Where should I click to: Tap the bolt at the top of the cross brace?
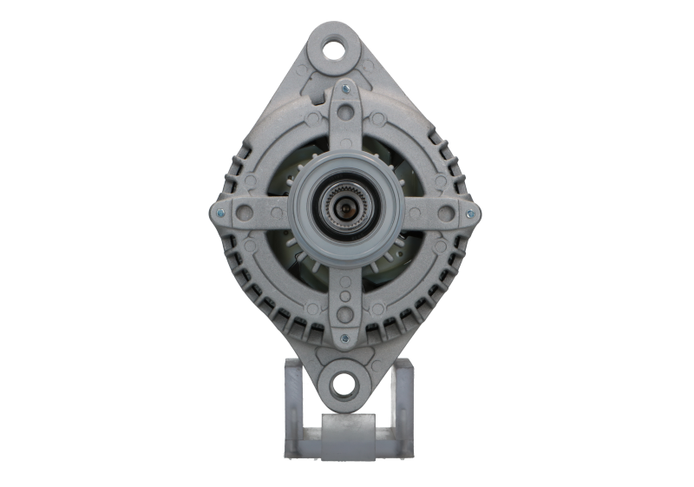click(344, 87)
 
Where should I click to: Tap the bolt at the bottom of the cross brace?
click(344, 338)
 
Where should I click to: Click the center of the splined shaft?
click(344, 212)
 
